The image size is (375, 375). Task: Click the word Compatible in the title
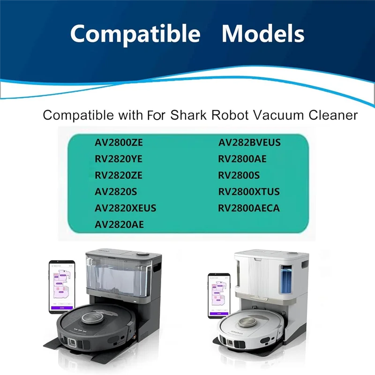[135, 34]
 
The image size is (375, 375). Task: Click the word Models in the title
[263, 34]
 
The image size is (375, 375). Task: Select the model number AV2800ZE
[119, 142]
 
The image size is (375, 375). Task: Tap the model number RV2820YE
[118, 159]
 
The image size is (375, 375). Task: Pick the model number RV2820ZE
[118, 175]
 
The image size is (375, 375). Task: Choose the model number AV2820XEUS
[125, 208]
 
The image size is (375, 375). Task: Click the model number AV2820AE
[119, 225]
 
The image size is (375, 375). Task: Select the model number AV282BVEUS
[249, 142]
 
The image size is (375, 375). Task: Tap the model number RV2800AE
[242, 159]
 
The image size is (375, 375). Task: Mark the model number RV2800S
[239, 175]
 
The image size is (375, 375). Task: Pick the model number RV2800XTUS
[249, 192]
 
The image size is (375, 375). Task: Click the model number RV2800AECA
[249, 208]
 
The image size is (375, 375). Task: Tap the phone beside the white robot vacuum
[219, 295]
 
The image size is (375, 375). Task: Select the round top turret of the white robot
[248, 322]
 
